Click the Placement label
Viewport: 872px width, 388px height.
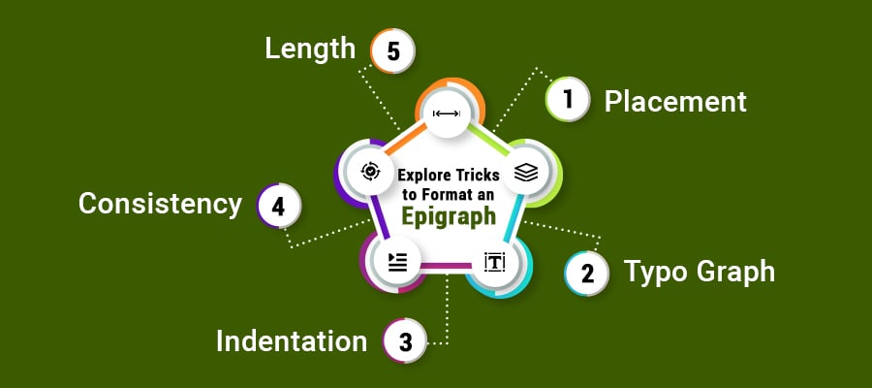pyautogui.click(x=675, y=101)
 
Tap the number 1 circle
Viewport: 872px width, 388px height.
pyautogui.click(x=569, y=99)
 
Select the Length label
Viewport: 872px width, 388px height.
pyautogui.click(x=310, y=48)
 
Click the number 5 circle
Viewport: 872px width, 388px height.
pyautogui.click(x=392, y=51)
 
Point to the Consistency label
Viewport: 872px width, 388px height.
pyautogui.click(x=160, y=205)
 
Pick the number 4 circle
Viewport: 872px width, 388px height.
pyautogui.click(x=279, y=207)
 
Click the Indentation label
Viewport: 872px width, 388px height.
pyautogui.click(x=291, y=341)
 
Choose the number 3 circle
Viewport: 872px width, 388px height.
pyautogui.click(x=406, y=342)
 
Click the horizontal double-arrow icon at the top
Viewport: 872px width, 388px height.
pyautogui.click(x=447, y=113)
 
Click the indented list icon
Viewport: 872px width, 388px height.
pyautogui.click(x=397, y=260)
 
